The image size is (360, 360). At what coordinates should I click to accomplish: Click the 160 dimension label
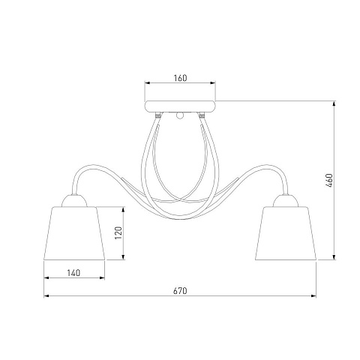coord(180,78)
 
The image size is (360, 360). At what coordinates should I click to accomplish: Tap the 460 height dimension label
coord(329,181)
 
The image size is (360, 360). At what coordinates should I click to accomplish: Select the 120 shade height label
coord(118,232)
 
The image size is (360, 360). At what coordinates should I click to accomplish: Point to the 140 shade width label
coord(73,273)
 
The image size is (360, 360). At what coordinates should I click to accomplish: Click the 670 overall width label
coord(180,291)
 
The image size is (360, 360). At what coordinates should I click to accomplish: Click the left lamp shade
coord(74,233)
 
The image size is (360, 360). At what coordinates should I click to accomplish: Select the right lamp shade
coord(286,233)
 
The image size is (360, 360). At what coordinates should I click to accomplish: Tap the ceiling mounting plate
coord(180,106)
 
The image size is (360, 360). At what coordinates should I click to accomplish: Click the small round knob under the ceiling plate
coord(180,115)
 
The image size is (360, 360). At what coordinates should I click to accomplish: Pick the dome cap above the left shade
coord(74,201)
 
